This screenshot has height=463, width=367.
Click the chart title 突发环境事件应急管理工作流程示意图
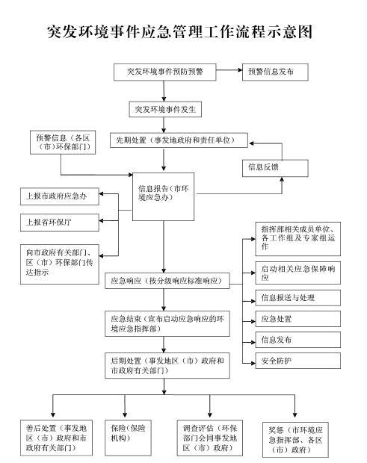click(179, 31)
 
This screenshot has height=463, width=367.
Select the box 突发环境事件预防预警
click(165, 72)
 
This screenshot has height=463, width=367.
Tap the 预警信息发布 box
click(275, 72)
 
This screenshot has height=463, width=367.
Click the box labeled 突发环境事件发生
click(165, 109)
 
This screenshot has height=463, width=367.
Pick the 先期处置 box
click(179, 140)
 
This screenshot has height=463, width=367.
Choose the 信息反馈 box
click(275, 168)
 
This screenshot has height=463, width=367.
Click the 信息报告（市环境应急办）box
click(164, 196)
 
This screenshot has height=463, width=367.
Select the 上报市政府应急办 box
click(59, 196)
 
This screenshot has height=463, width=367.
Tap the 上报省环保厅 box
click(59, 223)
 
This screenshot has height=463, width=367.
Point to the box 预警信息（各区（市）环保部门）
click(63, 143)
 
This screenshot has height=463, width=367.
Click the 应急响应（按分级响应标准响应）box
click(167, 281)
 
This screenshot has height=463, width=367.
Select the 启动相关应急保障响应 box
click(297, 273)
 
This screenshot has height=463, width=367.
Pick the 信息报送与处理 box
click(297, 298)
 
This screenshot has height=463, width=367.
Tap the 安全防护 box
click(297, 361)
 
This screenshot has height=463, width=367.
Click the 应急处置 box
click(297, 319)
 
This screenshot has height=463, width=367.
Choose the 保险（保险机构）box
click(128, 438)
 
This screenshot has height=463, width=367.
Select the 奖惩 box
click(295, 440)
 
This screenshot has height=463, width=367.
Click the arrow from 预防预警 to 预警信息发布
click(229, 70)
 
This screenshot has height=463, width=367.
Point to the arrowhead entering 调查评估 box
click(210, 414)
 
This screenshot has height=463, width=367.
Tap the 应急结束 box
click(167, 323)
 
